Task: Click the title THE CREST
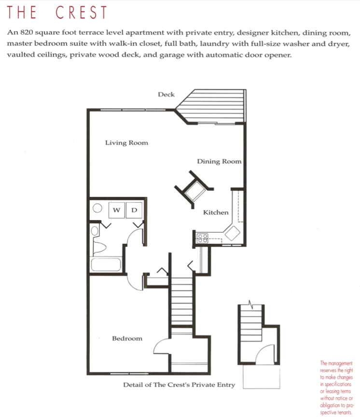(x=57, y=13)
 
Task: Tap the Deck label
(x=166, y=95)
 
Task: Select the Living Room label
(x=126, y=143)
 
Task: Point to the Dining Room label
(x=219, y=162)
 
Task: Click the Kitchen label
(x=215, y=212)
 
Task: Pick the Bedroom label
(x=127, y=338)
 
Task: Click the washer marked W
(x=117, y=210)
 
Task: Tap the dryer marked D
(x=134, y=210)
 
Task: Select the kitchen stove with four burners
(x=202, y=237)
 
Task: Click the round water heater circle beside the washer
(x=97, y=209)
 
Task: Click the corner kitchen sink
(x=232, y=233)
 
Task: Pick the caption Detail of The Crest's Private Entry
(x=179, y=385)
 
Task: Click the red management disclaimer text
(x=337, y=384)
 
